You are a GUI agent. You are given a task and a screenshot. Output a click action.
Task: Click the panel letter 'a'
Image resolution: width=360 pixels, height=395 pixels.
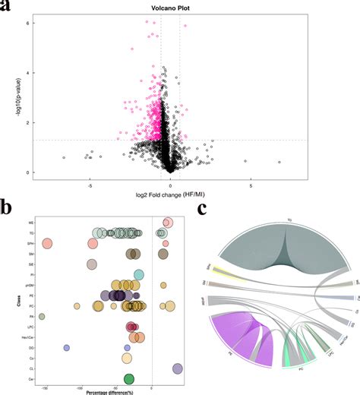click(x=7, y=8)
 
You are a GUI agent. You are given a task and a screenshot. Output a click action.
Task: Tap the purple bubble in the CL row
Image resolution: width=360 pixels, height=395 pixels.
click(x=177, y=368)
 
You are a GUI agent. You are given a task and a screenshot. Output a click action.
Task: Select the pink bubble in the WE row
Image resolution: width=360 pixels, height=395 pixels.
click(x=168, y=223)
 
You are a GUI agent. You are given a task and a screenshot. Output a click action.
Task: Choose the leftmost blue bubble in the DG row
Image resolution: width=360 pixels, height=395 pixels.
click(x=67, y=347)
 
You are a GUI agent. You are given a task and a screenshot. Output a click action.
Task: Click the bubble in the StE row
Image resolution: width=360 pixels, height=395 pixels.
click(x=92, y=264)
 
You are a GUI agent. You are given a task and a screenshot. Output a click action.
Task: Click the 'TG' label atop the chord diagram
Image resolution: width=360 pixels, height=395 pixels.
click(x=289, y=221)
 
